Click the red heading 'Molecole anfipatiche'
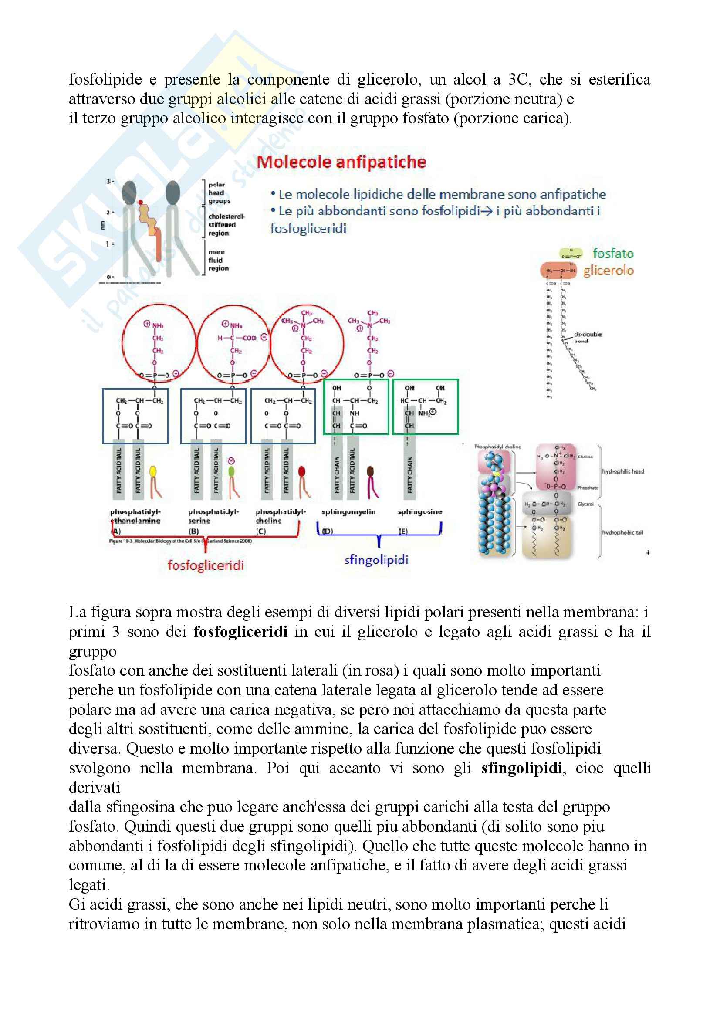(341, 162)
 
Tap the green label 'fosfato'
(613, 254)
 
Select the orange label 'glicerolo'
(608, 270)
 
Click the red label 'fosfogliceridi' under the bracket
(206, 565)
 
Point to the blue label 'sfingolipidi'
(376, 560)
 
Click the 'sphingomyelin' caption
(348, 512)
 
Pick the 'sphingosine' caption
(419, 512)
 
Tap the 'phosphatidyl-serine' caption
(213, 516)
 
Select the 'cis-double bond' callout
(587, 337)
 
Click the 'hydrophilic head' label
(623, 471)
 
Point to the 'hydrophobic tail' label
(622, 532)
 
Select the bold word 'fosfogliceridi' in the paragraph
(240, 631)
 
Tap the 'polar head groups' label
(219, 193)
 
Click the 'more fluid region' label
(218, 260)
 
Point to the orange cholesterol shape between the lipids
(151, 227)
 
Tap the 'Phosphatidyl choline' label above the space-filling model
(497, 447)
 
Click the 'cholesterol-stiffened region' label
(226, 224)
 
